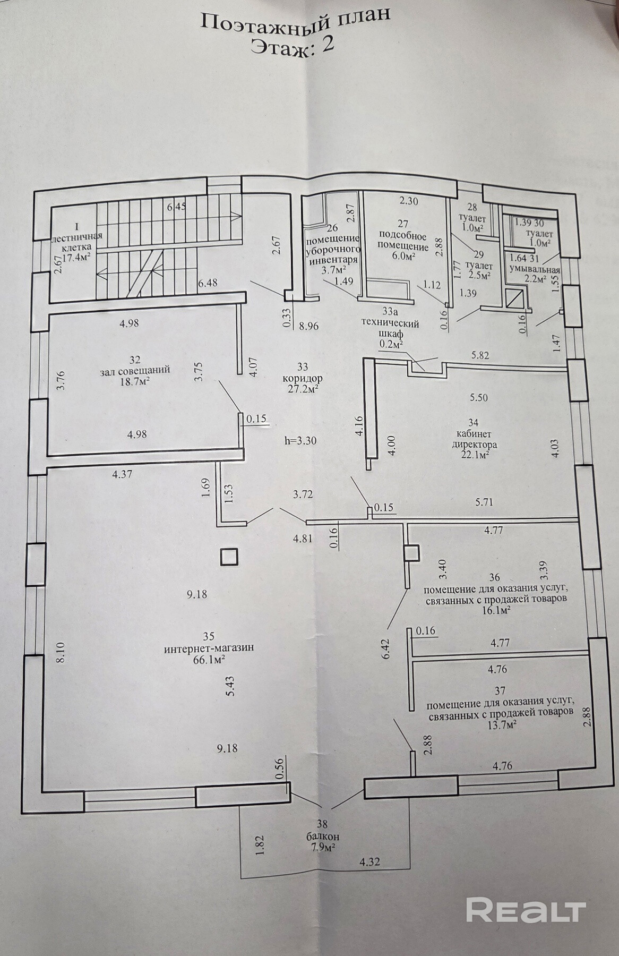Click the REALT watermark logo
click(526, 911)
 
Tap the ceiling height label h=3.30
click(301, 440)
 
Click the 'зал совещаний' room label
click(135, 370)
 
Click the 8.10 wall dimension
click(62, 652)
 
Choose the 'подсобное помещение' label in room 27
click(403, 241)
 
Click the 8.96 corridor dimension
click(308, 326)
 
